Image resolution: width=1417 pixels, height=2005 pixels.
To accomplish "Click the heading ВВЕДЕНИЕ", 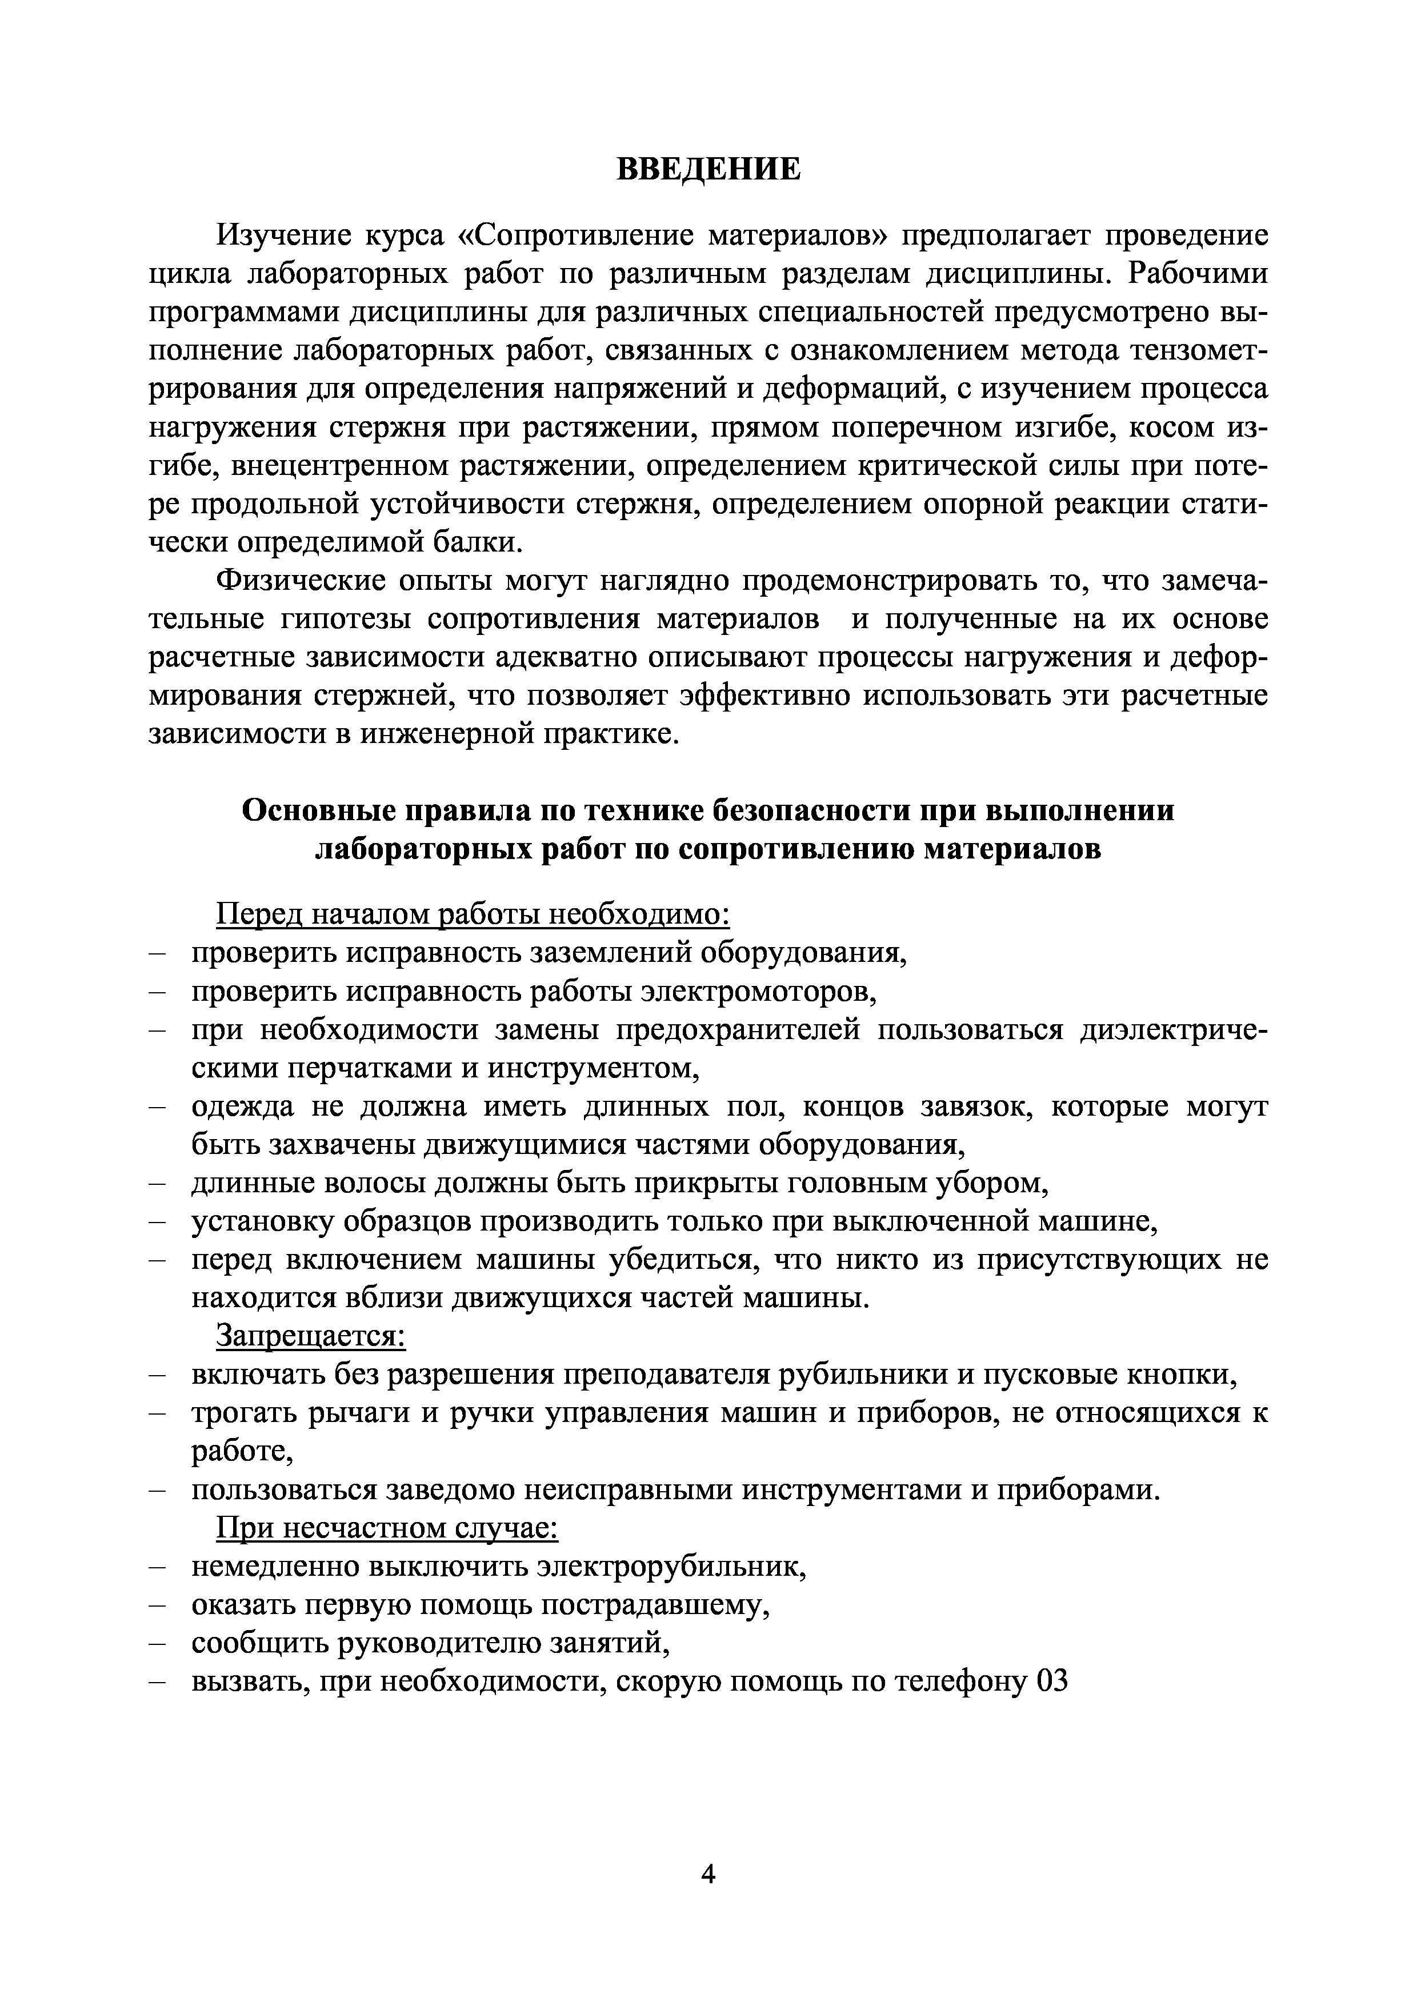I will pyautogui.click(x=708, y=169).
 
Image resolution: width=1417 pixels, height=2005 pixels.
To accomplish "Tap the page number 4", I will pyautogui.click(x=708, y=1875).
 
